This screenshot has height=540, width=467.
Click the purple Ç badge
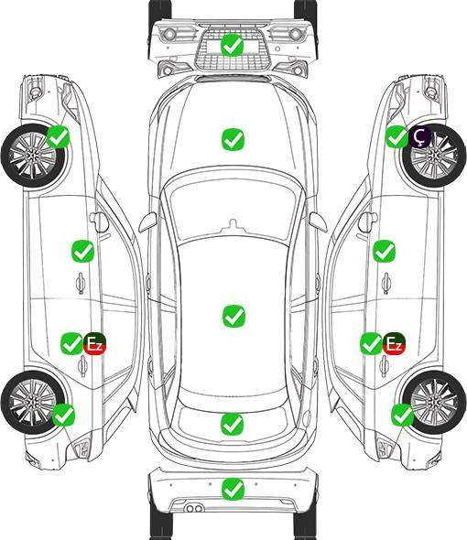click(419, 136)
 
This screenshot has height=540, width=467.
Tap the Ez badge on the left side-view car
click(94, 343)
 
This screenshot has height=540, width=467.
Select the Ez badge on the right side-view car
click(394, 343)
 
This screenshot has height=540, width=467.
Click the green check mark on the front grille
click(233, 45)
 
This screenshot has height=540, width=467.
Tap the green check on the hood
click(233, 139)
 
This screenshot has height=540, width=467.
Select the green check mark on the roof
click(233, 316)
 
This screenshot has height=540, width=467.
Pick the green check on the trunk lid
click(232, 425)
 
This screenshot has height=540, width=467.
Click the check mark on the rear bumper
click(233, 489)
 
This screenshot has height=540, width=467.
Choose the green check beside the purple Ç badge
click(396, 137)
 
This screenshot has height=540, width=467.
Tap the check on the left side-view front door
click(82, 251)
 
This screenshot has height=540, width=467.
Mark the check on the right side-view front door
click(384, 251)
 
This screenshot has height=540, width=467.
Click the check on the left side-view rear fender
click(63, 415)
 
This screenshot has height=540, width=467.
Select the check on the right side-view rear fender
click(402, 415)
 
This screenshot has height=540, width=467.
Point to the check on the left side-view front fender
click(58, 137)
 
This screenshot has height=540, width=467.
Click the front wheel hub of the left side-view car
click(32, 156)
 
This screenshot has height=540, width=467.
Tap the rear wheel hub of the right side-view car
click(434, 402)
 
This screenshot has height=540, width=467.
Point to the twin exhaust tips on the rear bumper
click(194, 508)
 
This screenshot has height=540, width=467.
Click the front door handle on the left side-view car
click(81, 283)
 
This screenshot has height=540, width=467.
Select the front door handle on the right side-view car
click(386, 283)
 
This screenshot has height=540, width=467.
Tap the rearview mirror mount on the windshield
click(233, 225)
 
